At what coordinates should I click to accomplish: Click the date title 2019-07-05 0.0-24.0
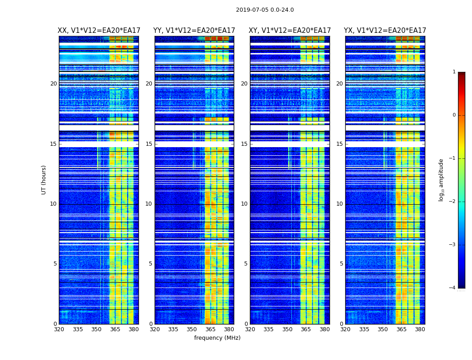[265, 10]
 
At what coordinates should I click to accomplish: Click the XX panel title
[99, 31]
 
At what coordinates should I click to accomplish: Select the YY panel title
[194, 31]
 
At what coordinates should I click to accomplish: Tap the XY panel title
[290, 31]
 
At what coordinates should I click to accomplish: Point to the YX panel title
[385, 31]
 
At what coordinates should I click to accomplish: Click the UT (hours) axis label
[44, 180]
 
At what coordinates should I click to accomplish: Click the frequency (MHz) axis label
[217, 338]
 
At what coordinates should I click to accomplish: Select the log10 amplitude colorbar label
[441, 180]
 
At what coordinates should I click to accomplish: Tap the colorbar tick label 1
[454, 72]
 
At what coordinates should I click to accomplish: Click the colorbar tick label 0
[454, 115]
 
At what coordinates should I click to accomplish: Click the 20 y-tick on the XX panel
[53, 84]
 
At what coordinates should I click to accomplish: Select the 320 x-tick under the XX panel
[59, 329]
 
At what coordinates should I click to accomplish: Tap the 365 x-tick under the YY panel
[211, 329]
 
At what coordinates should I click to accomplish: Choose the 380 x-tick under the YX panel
[420, 329]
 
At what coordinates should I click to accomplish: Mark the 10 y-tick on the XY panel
[244, 204]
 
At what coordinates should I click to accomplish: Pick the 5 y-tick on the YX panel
[341, 264]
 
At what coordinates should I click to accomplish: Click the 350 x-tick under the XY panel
[287, 329]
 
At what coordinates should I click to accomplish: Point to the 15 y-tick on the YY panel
[149, 144]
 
